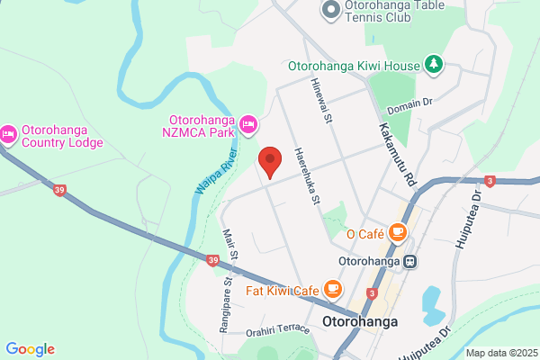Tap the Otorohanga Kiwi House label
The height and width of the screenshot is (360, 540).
[354, 66]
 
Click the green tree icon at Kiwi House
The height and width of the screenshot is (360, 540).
[435, 64]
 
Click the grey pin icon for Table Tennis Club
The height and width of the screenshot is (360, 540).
[329, 10]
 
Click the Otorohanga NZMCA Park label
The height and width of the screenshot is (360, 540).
[204, 126]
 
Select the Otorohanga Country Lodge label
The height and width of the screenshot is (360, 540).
[63, 135]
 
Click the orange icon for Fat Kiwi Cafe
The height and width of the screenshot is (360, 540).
[333, 289]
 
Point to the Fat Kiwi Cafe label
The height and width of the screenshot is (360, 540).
[283, 291]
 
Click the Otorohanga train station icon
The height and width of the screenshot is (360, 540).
[410, 262]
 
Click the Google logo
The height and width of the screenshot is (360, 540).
[30, 349]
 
